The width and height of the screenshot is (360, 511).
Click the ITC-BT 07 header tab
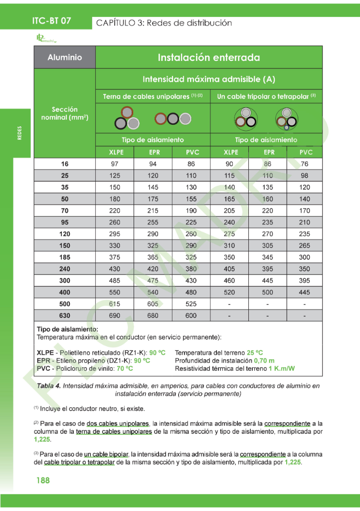pos(51,21)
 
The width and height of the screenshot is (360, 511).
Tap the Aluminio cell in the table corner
pos(64,57)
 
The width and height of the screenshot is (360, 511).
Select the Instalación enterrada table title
pos(208,57)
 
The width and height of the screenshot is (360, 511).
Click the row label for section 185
pos(64,257)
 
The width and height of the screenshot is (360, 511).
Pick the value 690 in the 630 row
pos(115,316)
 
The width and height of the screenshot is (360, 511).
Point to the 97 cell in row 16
pos(115,164)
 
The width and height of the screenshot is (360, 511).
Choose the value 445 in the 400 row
pos(304,292)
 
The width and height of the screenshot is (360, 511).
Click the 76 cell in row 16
pos(304,164)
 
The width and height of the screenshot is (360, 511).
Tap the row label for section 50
pos(64,199)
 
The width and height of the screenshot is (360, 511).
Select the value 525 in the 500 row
pos(191,304)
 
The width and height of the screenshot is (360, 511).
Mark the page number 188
pos(43,481)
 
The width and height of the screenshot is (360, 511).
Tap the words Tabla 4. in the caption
pos(49,386)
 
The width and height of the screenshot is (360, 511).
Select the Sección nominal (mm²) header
pos(64,113)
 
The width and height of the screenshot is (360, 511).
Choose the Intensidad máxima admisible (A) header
pos(208,79)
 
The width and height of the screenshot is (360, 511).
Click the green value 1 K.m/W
pos(281,369)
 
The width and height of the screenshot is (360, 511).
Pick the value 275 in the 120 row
pos(229,234)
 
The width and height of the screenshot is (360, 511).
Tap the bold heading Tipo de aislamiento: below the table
pos(67,329)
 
